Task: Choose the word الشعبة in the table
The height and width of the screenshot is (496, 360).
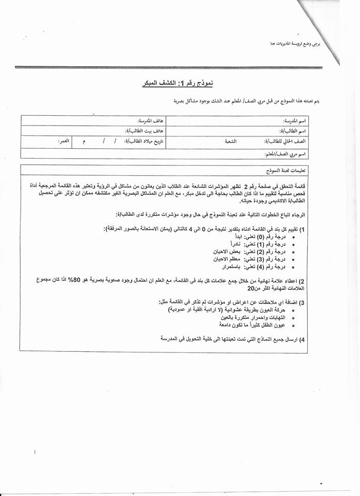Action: tap(231, 141)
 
